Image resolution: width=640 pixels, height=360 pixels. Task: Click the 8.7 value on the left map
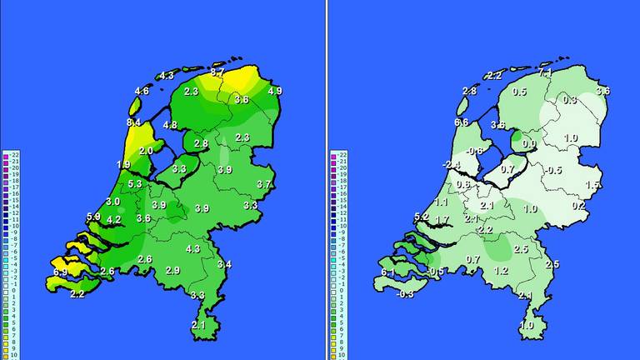(217, 73)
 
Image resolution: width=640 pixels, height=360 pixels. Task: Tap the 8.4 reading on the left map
(133, 123)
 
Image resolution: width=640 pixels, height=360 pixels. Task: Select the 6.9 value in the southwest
(60, 272)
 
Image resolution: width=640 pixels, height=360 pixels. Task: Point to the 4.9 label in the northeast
(275, 91)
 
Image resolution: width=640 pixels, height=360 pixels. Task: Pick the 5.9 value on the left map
(93, 217)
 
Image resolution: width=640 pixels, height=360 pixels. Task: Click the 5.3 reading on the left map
(135, 183)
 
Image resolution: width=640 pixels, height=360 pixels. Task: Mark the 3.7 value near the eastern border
(264, 184)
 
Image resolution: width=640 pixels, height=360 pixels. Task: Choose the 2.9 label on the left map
(172, 271)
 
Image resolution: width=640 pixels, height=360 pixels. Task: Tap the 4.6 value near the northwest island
(142, 91)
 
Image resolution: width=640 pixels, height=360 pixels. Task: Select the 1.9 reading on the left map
(123, 164)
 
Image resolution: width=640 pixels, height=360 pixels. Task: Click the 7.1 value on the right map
(545, 73)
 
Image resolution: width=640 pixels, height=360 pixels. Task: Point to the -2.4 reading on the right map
(451, 164)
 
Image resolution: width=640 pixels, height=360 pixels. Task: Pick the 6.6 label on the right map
(461, 122)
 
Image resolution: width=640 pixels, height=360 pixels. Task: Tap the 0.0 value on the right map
(528, 143)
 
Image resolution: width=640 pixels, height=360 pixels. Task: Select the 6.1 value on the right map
(387, 272)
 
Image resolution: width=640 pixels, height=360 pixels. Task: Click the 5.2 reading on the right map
(421, 217)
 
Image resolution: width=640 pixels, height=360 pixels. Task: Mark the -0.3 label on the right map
(405, 294)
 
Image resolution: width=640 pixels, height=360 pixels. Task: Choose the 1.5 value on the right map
(592, 184)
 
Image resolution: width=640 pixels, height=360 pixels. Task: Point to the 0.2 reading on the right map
(578, 205)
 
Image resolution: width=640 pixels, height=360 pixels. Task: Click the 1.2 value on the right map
(501, 271)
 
